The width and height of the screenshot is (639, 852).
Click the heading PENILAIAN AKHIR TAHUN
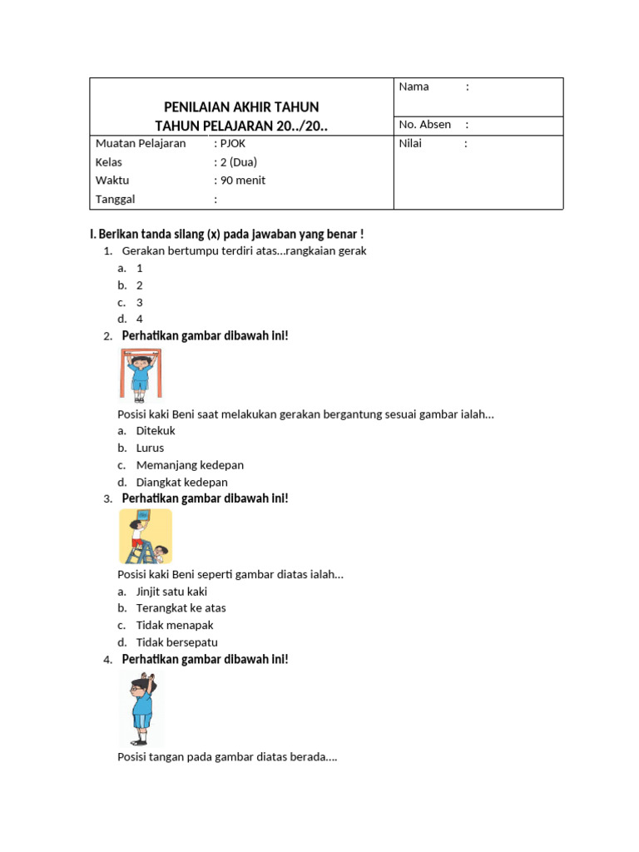coord(240,107)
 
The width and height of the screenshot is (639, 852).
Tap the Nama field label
coord(414,87)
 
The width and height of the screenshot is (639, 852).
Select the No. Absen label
coord(424,125)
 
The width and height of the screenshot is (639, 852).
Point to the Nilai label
coord(410,144)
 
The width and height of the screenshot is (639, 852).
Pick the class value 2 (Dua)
coord(240,162)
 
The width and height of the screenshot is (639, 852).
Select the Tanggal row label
coord(115,199)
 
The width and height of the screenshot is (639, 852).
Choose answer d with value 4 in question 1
coord(140,319)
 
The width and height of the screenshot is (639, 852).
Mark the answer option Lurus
coord(150,448)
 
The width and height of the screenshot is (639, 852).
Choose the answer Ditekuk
coord(156,431)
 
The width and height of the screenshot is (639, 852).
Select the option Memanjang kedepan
coord(190,465)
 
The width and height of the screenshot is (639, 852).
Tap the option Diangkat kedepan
coord(181,483)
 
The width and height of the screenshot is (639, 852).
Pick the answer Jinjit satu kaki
coord(171,592)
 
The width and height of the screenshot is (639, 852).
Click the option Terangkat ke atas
coord(181,608)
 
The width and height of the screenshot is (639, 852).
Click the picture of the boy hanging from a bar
coord(140,375)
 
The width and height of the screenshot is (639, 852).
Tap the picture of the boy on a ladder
coord(146,537)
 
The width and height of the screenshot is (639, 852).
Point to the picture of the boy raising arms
coord(141,709)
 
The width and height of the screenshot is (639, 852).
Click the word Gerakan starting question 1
coord(142,250)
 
